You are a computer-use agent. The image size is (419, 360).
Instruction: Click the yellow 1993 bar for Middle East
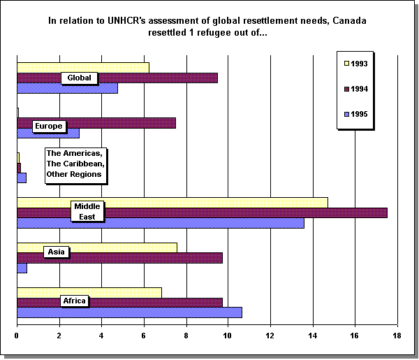pyautogui.click(x=209, y=203)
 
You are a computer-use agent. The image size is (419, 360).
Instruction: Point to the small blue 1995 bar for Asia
pyautogui.click(x=22, y=268)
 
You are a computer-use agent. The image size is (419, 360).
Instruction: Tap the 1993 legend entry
pyautogui.click(x=360, y=64)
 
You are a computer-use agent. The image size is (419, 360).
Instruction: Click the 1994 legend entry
pyautogui.click(x=360, y=89)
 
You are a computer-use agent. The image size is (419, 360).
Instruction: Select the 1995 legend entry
pyautogui.click(x=360, y=114)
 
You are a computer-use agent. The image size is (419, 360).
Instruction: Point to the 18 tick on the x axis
pyautogui.click(x=397, y=336)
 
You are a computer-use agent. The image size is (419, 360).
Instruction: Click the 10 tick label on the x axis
pyautogui.click(x=228, y=336)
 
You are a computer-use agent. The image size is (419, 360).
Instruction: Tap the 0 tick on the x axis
pyautogui.click(x=17, y=336)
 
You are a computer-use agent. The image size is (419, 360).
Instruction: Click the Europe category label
pyautogui.click(x=49, y=127)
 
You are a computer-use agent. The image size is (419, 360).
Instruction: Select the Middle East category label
pyautogui.click(x=88, y=211)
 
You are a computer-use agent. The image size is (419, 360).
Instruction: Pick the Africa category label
pyautogui.click(x=74, y=301)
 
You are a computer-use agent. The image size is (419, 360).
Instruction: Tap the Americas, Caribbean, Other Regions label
pyautogui.click(x=74, y=164)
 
